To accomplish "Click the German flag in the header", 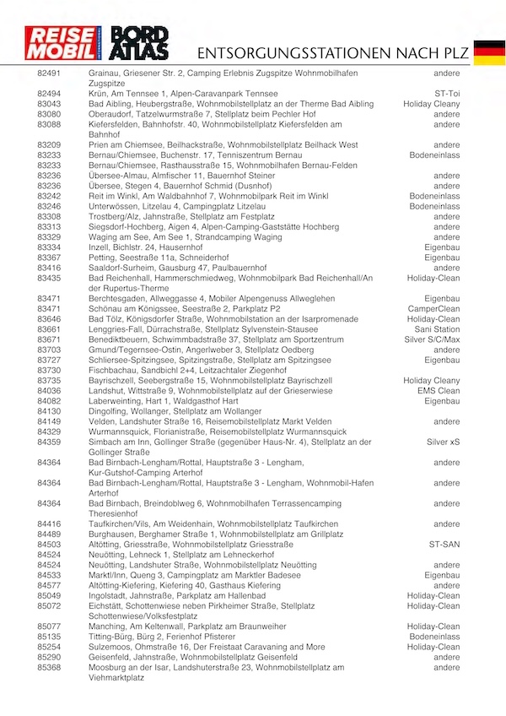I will point(489,52).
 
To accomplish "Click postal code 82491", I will point(49,74).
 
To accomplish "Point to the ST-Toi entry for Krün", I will point(447,94).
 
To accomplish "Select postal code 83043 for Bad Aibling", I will point(49,104).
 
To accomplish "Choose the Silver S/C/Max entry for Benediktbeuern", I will point(433,339).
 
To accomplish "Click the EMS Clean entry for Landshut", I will point(438,391).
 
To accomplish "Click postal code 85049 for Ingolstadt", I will point(49,595).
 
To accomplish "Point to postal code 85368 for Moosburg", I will point(49,667).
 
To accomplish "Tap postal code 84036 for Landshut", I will point(49,391).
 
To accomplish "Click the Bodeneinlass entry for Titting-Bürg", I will point(435,637).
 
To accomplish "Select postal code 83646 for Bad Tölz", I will point(49,319).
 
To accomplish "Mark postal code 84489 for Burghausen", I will point(49,534).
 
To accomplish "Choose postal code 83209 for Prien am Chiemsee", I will point(49,145).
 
